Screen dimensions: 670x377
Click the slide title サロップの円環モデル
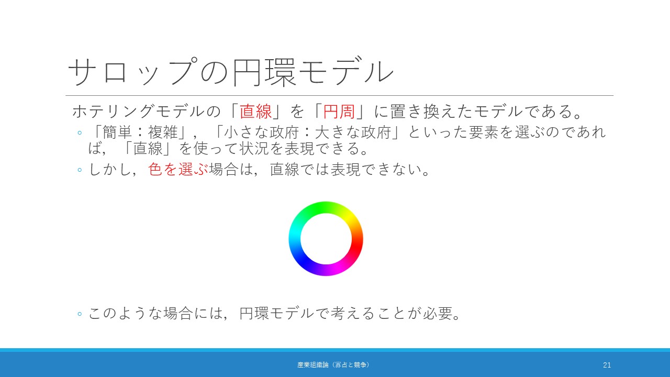tap(231, 72)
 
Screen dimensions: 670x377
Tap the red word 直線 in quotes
tap(255, 112)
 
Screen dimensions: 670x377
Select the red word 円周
tap(339, 112)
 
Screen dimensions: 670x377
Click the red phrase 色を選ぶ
tap(178, 169)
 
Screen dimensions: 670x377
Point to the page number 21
tap(607, 365)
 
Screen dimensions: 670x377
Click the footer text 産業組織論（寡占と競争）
tap(333, 365)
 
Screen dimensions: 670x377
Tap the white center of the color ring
tap(326, 239)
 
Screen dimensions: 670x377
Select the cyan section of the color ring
tap(295, 236)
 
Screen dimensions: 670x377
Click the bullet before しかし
tap(80, 170)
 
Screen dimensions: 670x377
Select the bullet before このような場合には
tap(80, 314)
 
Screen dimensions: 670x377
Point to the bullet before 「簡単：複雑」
tap(80, 132)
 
